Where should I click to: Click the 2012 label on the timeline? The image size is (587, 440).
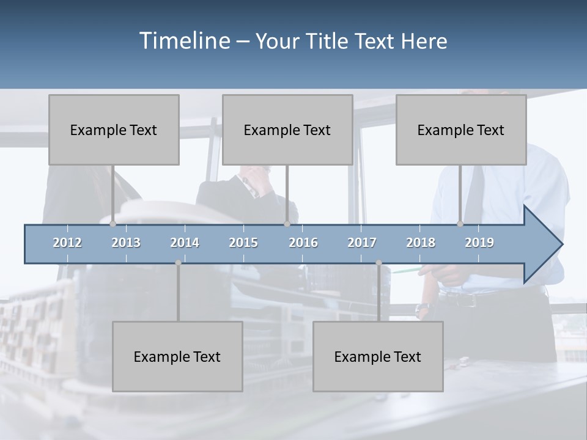pyautogui.click(x=67, y=243)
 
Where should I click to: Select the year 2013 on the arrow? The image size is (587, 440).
pyautogui.click(x=126, y=243)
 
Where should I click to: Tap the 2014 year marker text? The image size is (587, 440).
pyautogui.click(x=185, y=243)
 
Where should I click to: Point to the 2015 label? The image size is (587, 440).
pyautogui.click(x=243, y=243)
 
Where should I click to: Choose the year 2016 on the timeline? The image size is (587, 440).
pyautogui.click(x=303, y=243)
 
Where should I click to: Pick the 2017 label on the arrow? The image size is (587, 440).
pyautogui.click(x=362, y=243)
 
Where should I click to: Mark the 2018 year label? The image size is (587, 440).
pyautogui.click(x=421, y=243)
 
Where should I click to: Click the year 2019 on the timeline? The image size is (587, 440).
pyautogui.click(x=479, y=243)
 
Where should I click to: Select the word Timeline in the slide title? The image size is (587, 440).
pyautogui.click(x=184, y=41)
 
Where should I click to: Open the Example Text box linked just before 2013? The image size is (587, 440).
pyautogui.click(x=114, y=130)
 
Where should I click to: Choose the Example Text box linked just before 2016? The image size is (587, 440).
pyautogui.click(x=287, y=130)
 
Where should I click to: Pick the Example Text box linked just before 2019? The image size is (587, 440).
pyautogui.click(x=461, y=130)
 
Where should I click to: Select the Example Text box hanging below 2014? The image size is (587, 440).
pyautogui.click(x=177, y=356)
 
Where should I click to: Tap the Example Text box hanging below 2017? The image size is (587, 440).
pyautogui.click(x=378, y=356)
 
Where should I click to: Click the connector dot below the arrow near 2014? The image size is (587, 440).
pyautogui.click(x=178, y=263)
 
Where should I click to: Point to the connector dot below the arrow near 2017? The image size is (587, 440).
pyautogui.click(x=378, y=263)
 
